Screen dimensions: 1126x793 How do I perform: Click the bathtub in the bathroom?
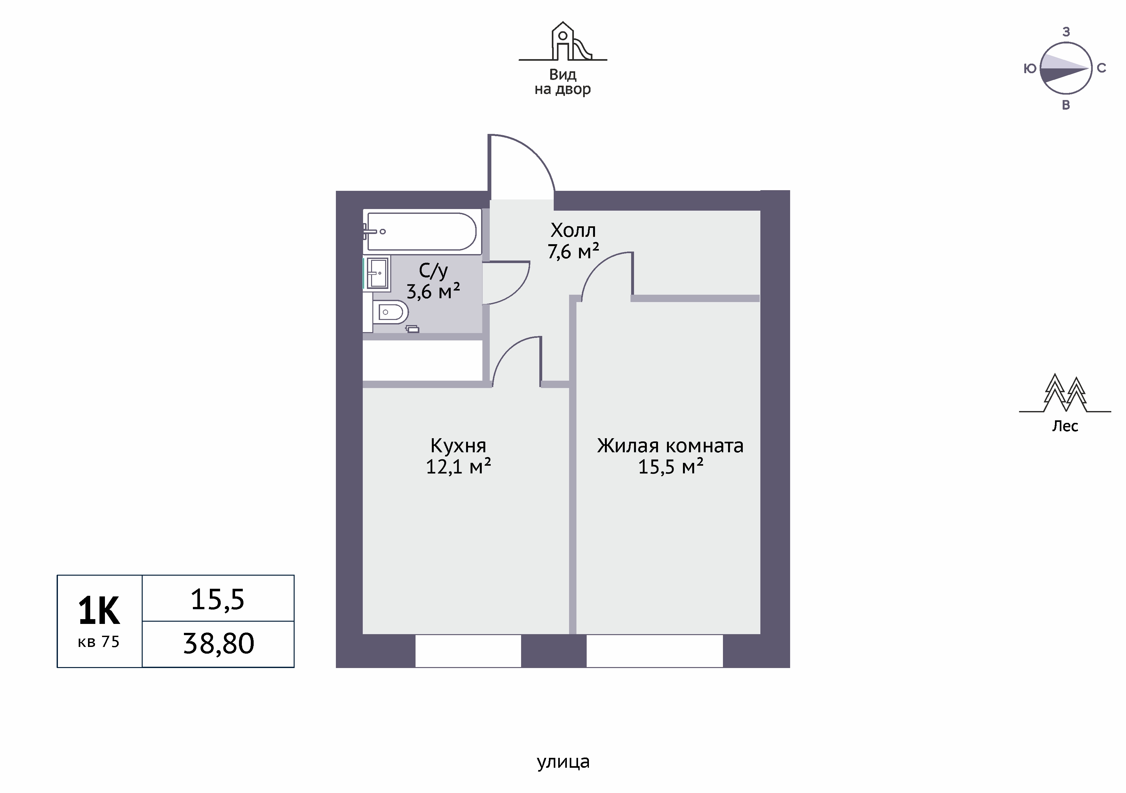coord(422,231)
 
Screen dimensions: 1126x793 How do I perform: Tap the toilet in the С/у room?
coord(390,312)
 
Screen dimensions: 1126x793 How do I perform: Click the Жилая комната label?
coord(670,446)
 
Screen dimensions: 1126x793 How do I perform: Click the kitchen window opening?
coord(468,651)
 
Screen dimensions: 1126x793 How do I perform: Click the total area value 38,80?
coord(219,643)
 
